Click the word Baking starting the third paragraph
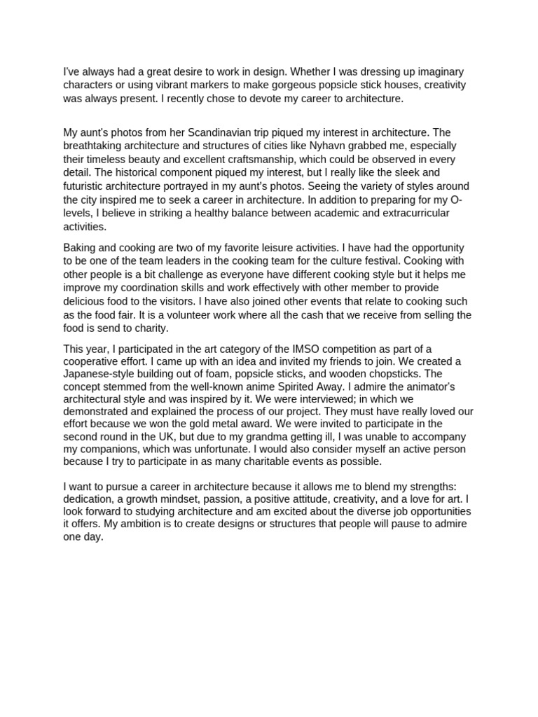[80, 247]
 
